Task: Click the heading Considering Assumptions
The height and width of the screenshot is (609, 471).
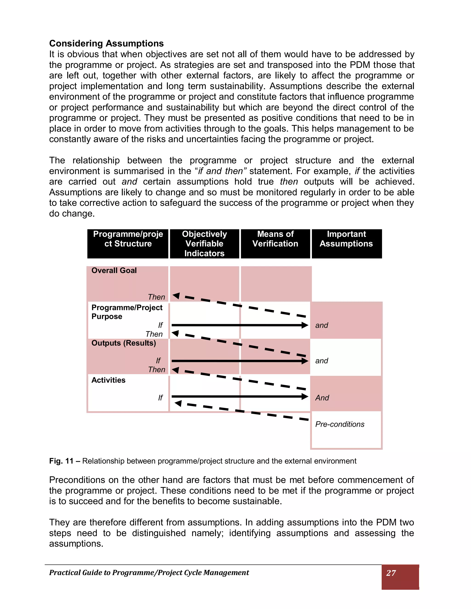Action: (x=106, y=43)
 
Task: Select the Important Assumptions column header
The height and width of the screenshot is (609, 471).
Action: (x=346, y=239)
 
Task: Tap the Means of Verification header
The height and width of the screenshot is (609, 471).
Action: (x=275, y=239)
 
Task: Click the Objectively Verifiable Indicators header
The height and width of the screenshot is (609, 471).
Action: (x=204, y=243)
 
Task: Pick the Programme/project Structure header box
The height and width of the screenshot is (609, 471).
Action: (x=128, y=239)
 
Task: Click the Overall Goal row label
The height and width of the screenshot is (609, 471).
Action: (x=114, y=270)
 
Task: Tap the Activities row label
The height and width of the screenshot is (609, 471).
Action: (x=108, y=380)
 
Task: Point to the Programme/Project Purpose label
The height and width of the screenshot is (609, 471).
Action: (x=127, y=312)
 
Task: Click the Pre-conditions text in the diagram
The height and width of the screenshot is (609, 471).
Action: (x=340, y=424)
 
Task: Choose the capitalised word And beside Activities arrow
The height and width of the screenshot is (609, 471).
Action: (x=322, y=398)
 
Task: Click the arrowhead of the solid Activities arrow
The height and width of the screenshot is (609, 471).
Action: (x=305, y=396)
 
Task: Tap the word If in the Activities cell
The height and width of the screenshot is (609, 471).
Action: (x=160, y=398)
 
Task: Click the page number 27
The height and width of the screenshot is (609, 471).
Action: (x=391, y=573)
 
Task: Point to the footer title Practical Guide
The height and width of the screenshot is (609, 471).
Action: (x=149, y=572)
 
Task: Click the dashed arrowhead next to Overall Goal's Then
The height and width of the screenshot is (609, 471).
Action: (x=176, y=296)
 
